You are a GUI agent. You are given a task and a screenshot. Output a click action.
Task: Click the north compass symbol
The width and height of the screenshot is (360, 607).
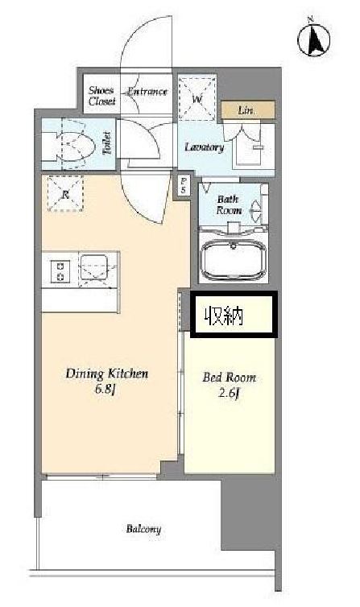(x=314, y=39)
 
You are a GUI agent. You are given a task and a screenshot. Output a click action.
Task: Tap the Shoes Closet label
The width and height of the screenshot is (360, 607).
(x=101, y=96)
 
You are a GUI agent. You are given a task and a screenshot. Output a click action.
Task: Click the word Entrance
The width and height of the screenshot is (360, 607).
(x=147, y=92)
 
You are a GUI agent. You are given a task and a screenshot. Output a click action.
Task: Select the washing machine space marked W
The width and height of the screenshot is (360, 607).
(x=197, y=97)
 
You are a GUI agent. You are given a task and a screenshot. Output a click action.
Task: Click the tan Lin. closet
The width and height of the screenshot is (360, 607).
(x=248, y=110)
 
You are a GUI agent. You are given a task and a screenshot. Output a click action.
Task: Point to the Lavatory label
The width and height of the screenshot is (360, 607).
(x=205, y=147)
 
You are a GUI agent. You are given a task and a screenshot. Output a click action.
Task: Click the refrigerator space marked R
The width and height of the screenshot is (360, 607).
(x=65, y=193)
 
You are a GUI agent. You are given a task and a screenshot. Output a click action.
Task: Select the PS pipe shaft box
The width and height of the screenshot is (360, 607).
(x=184, y=186)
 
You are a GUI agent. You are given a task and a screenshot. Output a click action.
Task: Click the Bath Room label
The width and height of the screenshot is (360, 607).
(x=230, y=204)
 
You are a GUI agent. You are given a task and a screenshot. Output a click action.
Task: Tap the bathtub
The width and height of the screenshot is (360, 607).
(x=234, y=259)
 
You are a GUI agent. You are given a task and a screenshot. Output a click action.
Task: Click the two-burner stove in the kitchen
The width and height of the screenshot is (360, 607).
(x=60, y=270)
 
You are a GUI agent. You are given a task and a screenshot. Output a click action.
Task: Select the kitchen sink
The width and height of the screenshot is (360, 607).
(x=94, y=269)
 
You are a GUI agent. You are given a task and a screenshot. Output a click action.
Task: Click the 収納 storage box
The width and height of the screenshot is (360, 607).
(x=234, y=315)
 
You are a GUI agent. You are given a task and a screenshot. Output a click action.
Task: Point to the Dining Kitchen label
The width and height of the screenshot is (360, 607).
(x=107, y=374)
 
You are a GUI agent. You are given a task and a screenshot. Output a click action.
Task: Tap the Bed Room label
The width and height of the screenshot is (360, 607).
(x=230, y=378)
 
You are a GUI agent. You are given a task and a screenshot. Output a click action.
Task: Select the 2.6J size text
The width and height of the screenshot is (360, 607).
(x=229, y=394)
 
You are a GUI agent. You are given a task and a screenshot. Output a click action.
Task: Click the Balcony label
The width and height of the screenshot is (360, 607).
(x=143, y=529)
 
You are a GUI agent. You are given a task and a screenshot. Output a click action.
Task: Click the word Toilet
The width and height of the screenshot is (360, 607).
(x=107, y=143)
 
